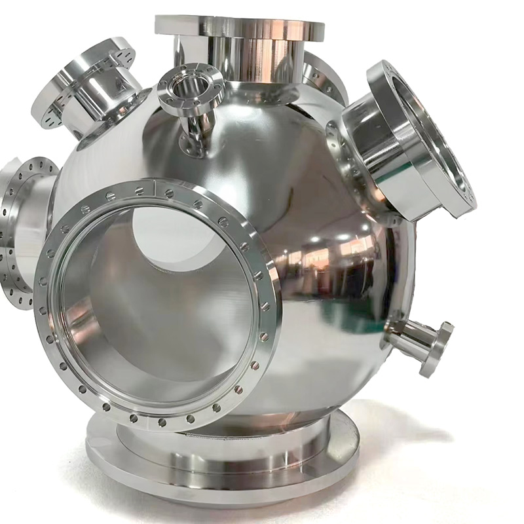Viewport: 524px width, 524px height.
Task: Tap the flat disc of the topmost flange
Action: coord(240,27)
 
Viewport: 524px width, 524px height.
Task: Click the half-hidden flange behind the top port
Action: coord(324,75)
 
